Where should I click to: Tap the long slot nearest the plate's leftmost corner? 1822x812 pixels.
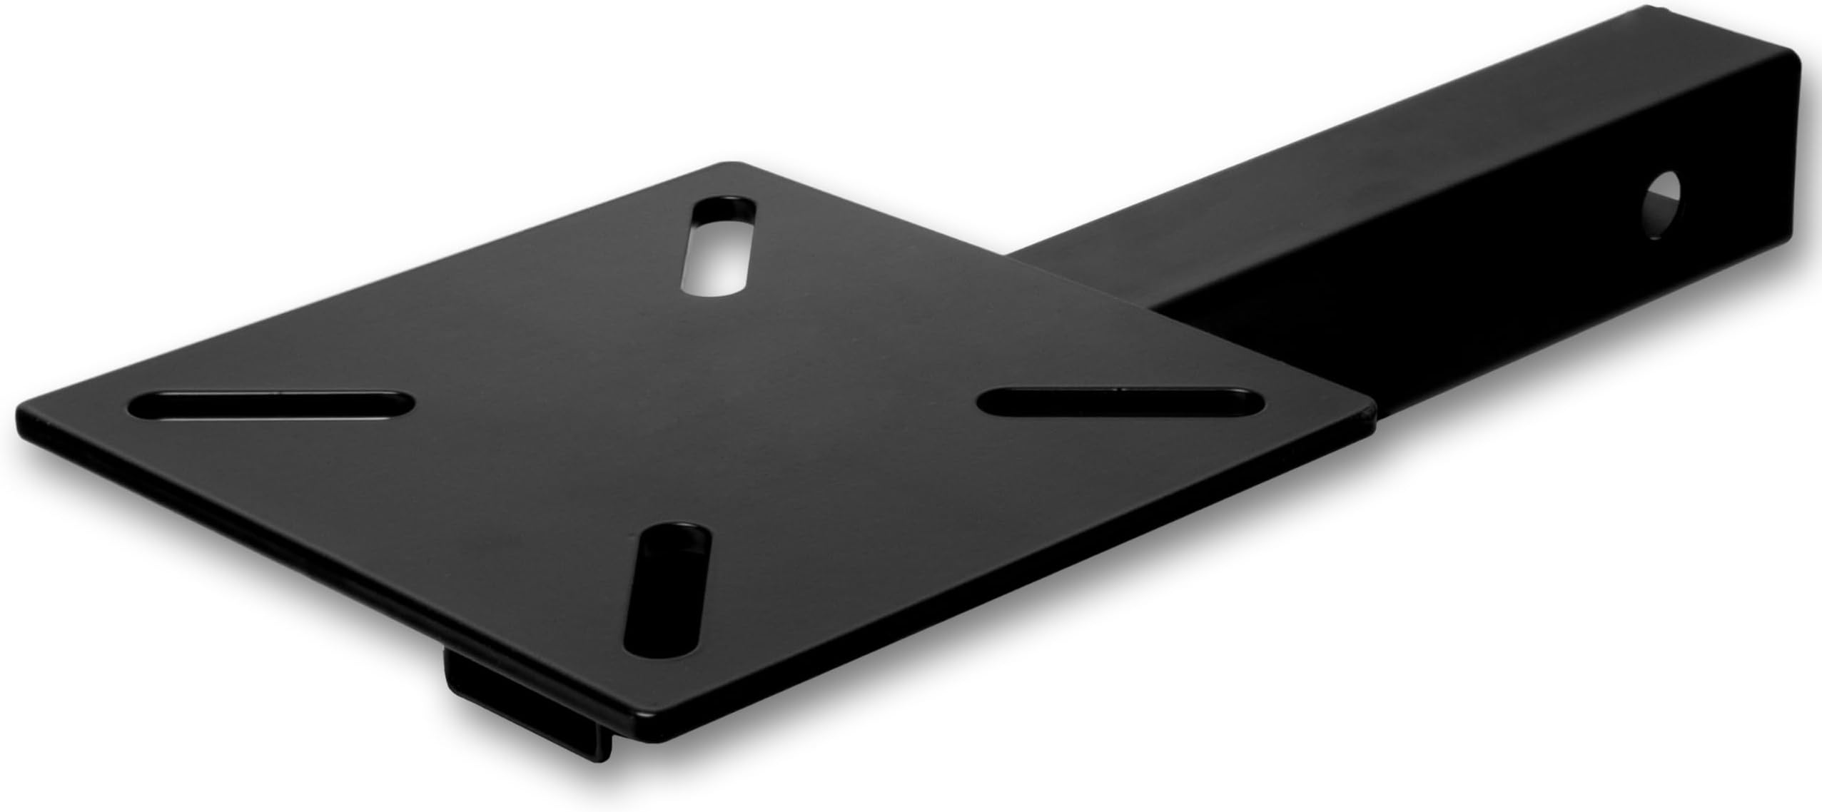pyautogui.click(x=271, y=405)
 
